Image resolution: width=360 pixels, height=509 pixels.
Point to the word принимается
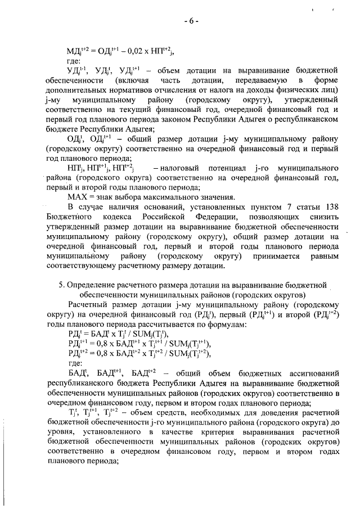pos(272,256)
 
